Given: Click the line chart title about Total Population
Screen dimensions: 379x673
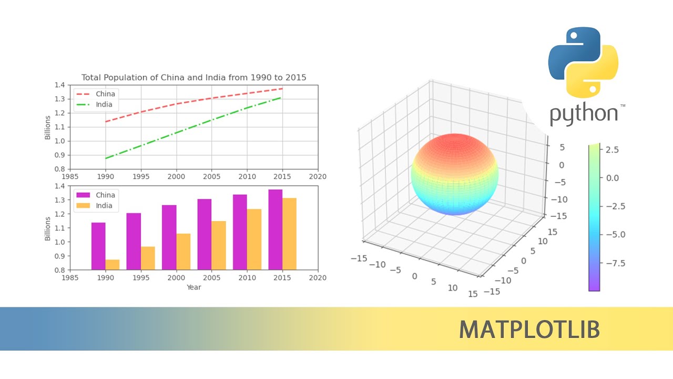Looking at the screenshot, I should click(x=193, y=77).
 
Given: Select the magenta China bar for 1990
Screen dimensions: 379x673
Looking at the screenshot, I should click(x=98, y=246).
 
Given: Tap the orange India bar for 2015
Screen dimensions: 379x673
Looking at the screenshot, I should click(x=290, y=234).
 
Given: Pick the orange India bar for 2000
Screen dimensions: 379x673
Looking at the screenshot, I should click(x=183, y=252).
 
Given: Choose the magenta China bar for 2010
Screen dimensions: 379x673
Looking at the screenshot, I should click(x=240, y=232).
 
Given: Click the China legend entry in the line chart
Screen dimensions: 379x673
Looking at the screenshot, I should click(x=105, y=94).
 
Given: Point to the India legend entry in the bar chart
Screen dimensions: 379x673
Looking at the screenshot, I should click(x=104, y=206).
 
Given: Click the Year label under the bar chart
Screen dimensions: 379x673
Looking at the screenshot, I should click(x=193, y=287).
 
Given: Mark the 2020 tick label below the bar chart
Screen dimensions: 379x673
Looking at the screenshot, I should click(x=318, y=278).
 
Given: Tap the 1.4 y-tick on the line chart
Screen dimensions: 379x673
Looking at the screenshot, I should click(x=61, y=85).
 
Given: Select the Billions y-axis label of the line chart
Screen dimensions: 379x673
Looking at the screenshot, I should click(x=48, y=127).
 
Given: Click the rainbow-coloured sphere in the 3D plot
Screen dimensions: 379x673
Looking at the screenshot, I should click(x=454, y=174).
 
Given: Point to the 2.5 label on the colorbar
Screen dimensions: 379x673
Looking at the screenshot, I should click(x=612, y=150).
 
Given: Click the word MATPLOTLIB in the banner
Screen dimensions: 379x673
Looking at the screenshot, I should click(x=529, y=330).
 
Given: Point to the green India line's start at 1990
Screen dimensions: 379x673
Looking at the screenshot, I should click(x=106, y=158).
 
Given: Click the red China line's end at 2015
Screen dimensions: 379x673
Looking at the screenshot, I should click(x=282, y=88).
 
